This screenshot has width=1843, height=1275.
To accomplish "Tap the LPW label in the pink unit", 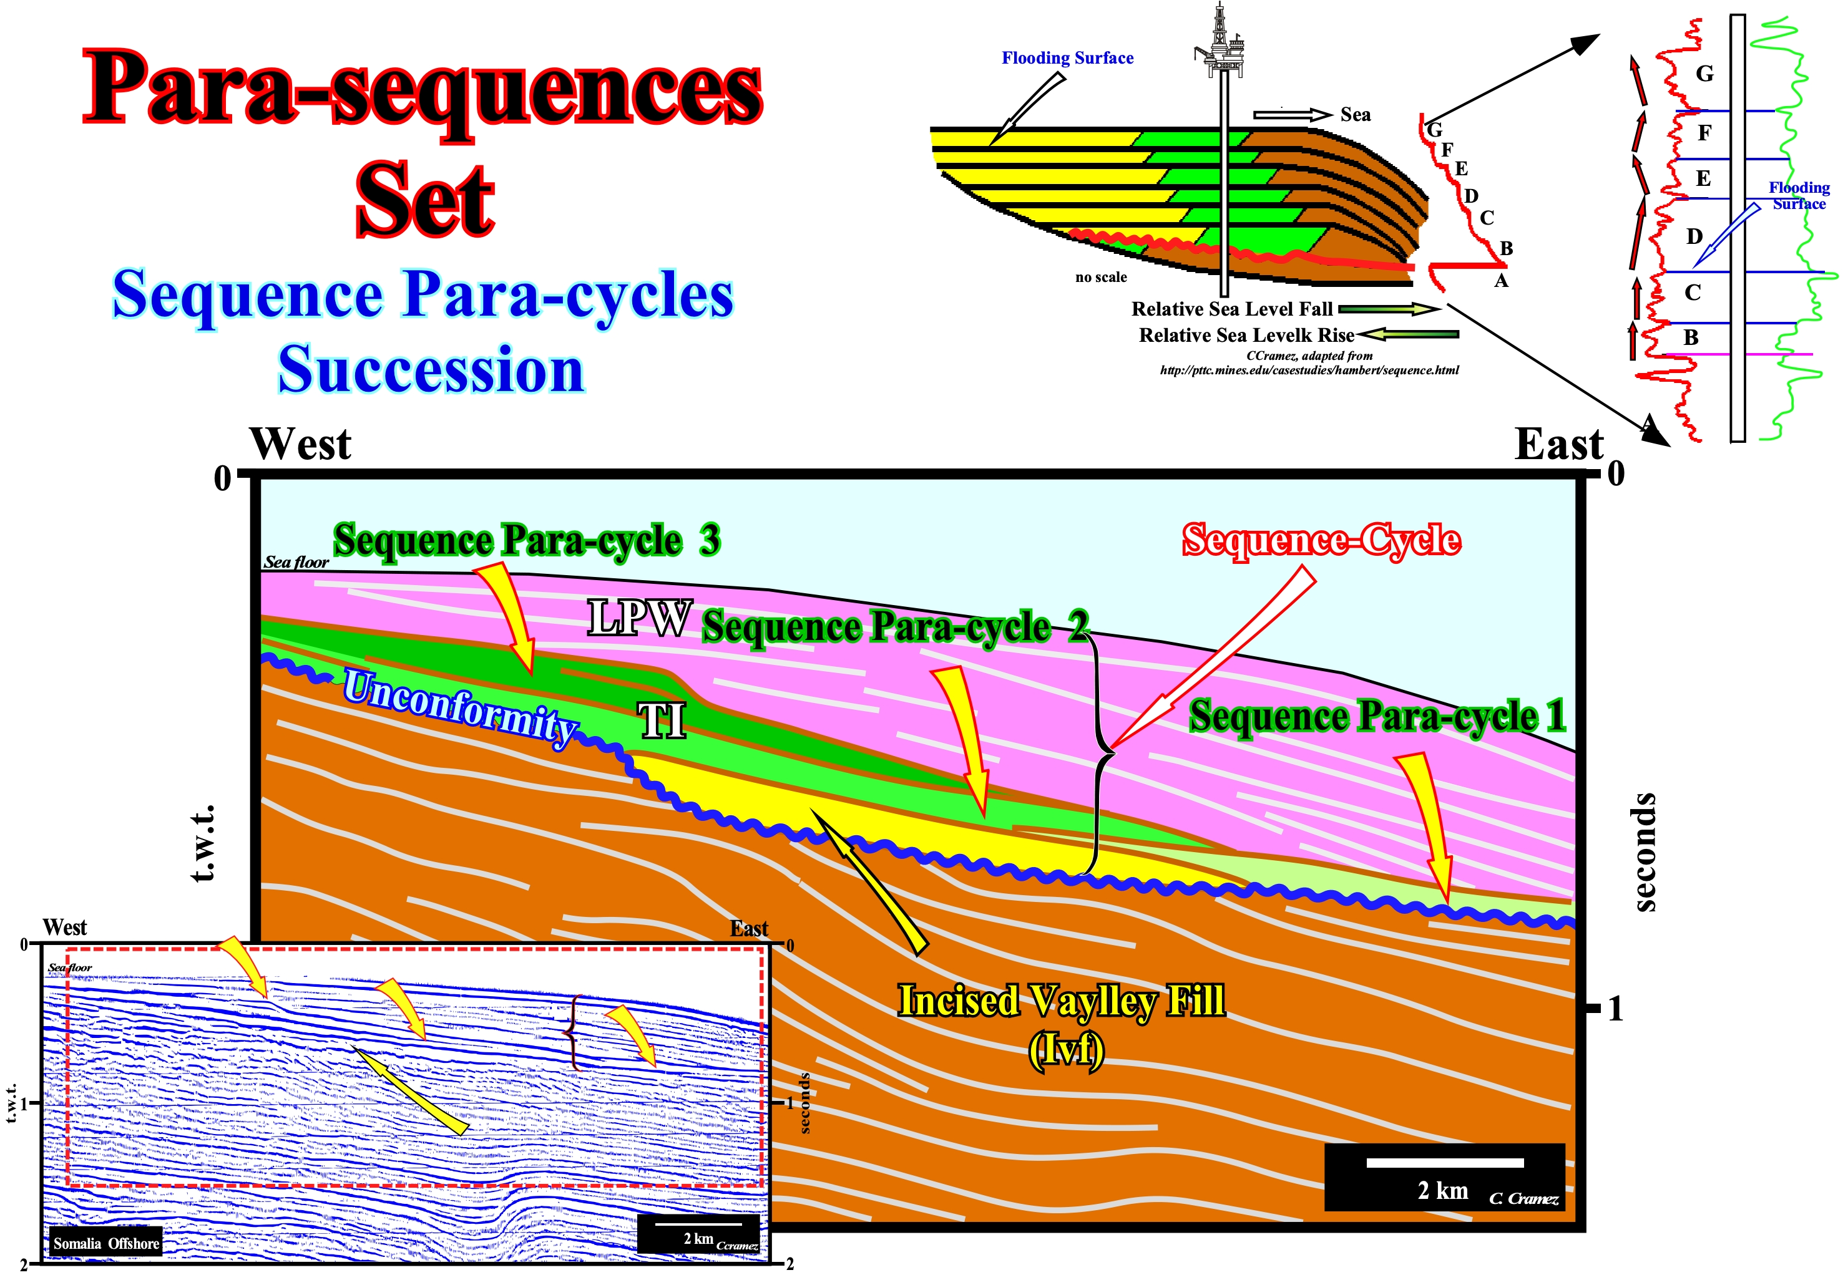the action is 639,618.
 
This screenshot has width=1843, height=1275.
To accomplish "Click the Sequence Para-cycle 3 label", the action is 527,541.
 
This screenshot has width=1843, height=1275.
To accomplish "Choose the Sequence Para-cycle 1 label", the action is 1377,716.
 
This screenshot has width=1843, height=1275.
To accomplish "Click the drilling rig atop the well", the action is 1219,40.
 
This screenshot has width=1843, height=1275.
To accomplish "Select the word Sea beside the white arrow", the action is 1356,115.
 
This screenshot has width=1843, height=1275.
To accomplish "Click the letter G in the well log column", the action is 1704,74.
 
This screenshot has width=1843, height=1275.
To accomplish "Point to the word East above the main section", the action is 1559,444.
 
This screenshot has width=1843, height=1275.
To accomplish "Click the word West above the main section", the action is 300,444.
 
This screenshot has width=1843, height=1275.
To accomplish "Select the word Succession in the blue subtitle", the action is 432,370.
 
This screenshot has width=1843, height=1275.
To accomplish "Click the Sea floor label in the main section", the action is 296,563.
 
